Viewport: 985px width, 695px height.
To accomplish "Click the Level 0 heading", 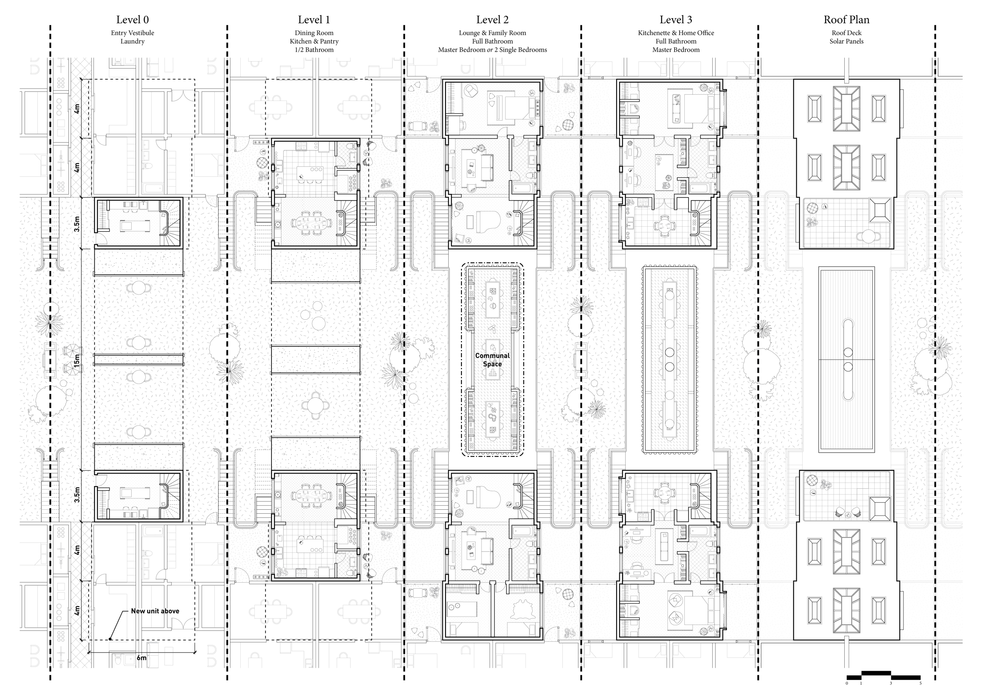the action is (x=132, y=20).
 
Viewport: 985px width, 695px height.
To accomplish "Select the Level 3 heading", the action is (x=676, y=20).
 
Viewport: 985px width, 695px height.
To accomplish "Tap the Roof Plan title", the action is (x=846, y=20).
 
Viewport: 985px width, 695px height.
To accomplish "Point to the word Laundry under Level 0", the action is (x=132, y=41).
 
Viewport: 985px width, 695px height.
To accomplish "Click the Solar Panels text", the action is (x=846, y=41).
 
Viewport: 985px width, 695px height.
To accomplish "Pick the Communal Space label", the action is (x=492, y=360).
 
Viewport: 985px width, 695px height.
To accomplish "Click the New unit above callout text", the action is (x=155, y=611).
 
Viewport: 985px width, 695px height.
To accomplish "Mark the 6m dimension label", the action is (x=141, y=658).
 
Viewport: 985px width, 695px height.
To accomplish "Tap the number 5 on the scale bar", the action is (x=920, y=683).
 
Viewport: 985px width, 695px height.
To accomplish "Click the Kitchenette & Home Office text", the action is (x=676, y=33).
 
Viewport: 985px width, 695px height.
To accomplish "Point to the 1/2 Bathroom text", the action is (x=314, y=50).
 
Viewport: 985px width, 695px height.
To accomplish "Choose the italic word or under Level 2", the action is (x=489, y=50).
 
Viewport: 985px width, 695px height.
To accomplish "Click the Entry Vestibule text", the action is (x=132, y=33).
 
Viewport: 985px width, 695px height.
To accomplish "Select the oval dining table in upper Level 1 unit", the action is (x=312, y=223).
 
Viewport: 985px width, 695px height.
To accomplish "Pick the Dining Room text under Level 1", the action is (x=314, y=33).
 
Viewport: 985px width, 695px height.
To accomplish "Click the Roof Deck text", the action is (x=846, y=33).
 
